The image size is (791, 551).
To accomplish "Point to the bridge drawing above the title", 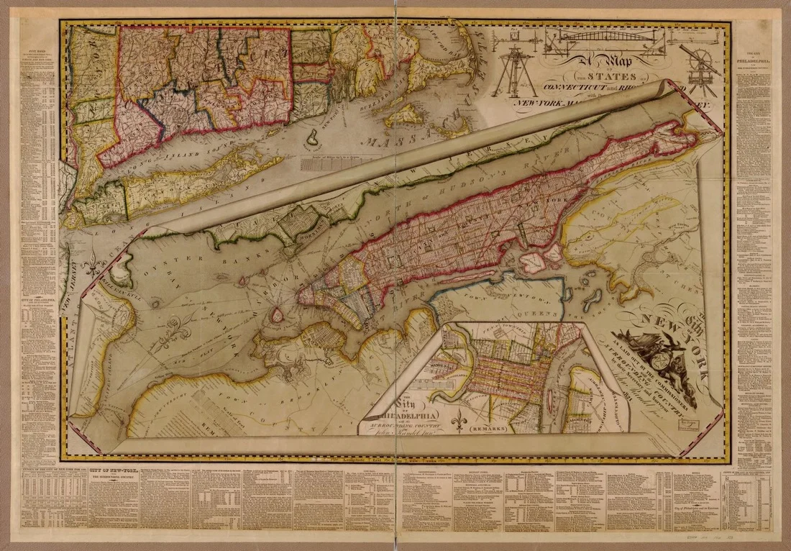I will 608,41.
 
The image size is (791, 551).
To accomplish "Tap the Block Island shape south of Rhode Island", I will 314,137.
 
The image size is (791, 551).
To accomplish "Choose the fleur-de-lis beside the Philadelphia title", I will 458,418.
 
